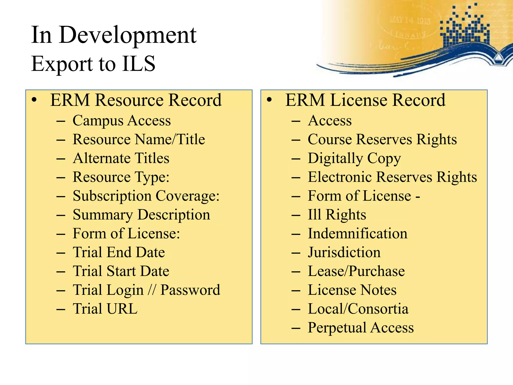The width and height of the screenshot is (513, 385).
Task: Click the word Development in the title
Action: pos(128,35)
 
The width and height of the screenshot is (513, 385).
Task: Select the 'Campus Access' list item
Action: pos(122,121)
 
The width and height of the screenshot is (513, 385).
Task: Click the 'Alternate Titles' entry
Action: pos(121,158)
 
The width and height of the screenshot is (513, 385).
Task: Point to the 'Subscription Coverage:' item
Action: pos(146,196)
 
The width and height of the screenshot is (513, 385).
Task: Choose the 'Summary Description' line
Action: pos(141,215)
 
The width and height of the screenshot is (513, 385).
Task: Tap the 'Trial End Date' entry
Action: pos(119,252)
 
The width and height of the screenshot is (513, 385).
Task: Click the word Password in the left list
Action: pos(190,290)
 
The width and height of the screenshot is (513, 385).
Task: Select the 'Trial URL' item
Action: pos(105,309)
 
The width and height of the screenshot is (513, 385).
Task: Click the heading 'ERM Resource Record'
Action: pos(136,100)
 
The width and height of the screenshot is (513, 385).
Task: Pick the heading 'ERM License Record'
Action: pos(365,100)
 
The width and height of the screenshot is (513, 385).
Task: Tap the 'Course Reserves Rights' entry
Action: pos(382,139)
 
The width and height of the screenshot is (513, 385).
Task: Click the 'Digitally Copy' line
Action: pos(354,158)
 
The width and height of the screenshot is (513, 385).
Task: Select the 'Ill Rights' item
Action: pos(337,215)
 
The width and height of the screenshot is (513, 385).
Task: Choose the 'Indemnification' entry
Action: pos(357,234)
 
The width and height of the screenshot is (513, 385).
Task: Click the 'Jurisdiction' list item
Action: pos(344,252)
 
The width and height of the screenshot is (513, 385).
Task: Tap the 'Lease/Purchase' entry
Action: pos(356,271)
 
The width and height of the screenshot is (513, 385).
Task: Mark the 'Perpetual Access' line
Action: pos(361,328)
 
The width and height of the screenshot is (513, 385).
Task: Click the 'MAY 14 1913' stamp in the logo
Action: pos(410,20)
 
